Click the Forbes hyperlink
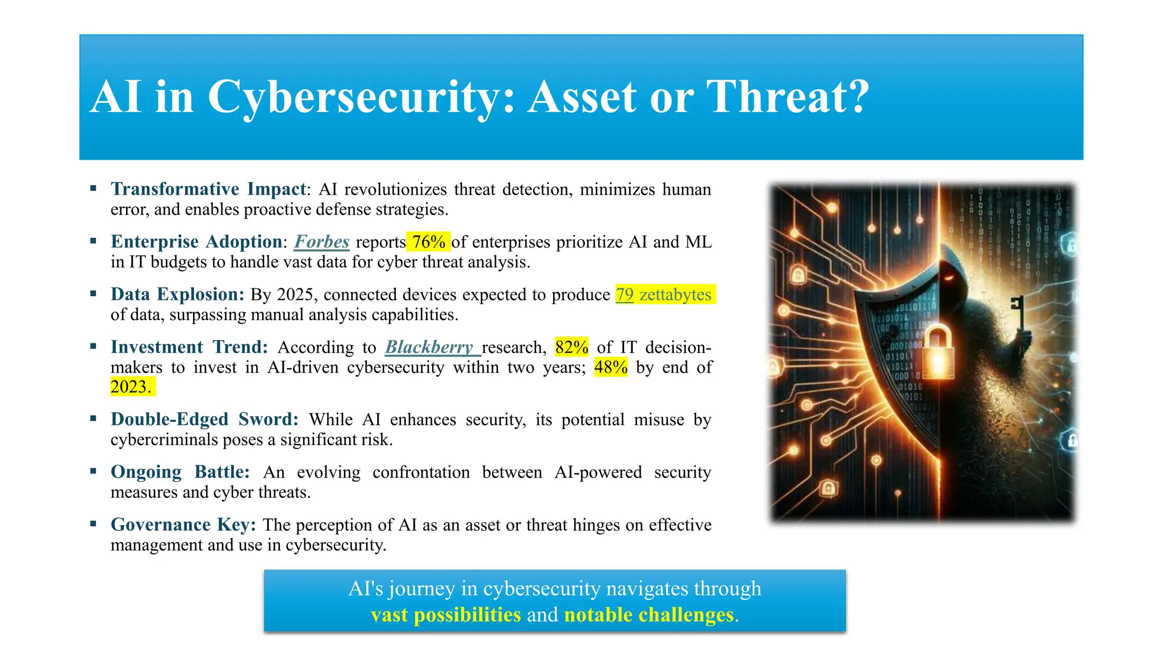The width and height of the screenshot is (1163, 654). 321,242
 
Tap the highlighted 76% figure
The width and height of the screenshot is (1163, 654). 429,242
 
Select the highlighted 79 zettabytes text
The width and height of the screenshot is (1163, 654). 664,295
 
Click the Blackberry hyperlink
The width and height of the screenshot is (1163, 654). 430,347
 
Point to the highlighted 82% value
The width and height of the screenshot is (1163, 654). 571,347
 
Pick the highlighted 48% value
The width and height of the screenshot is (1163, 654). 610,367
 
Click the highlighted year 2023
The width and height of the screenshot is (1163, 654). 131,387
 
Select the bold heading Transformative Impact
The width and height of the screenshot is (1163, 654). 208,189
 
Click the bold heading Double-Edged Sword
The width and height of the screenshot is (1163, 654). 204,420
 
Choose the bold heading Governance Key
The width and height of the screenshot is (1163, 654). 183,525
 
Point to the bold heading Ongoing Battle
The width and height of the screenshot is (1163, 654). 180,472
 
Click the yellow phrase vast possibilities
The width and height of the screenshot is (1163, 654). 446,615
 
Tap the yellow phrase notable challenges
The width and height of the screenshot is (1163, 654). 649,615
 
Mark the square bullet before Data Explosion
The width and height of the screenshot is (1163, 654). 94,294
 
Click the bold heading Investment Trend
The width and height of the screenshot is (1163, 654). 189,347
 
